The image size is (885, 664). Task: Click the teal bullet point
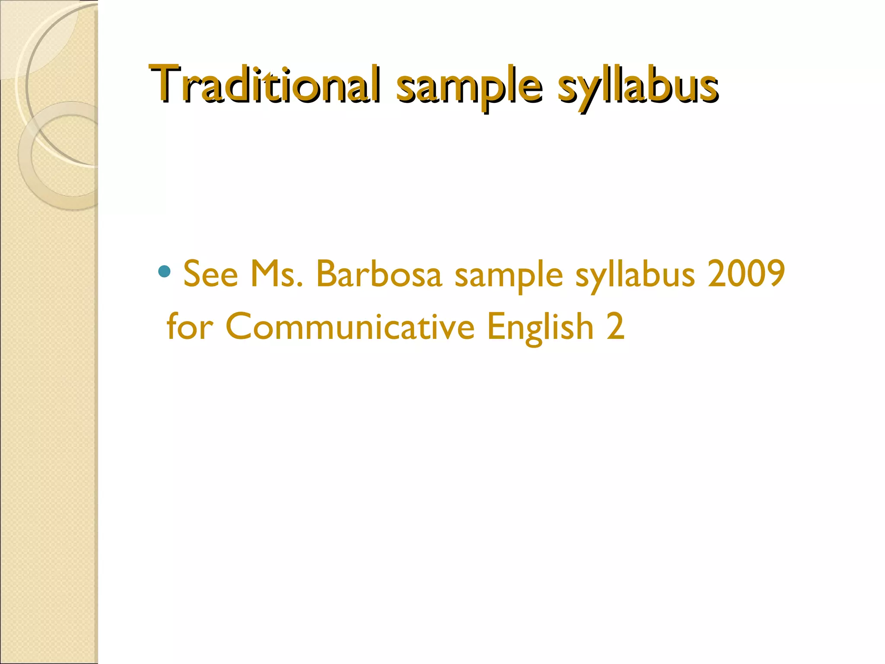coord(164,271)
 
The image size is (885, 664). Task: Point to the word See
coord(211,274)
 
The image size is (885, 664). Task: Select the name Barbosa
coord(379,274)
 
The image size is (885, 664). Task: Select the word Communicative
coord(350,327)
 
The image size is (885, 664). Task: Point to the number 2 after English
coord(615,327)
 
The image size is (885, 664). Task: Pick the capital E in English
coord(496,327)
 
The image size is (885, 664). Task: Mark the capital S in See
coord(192,274)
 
